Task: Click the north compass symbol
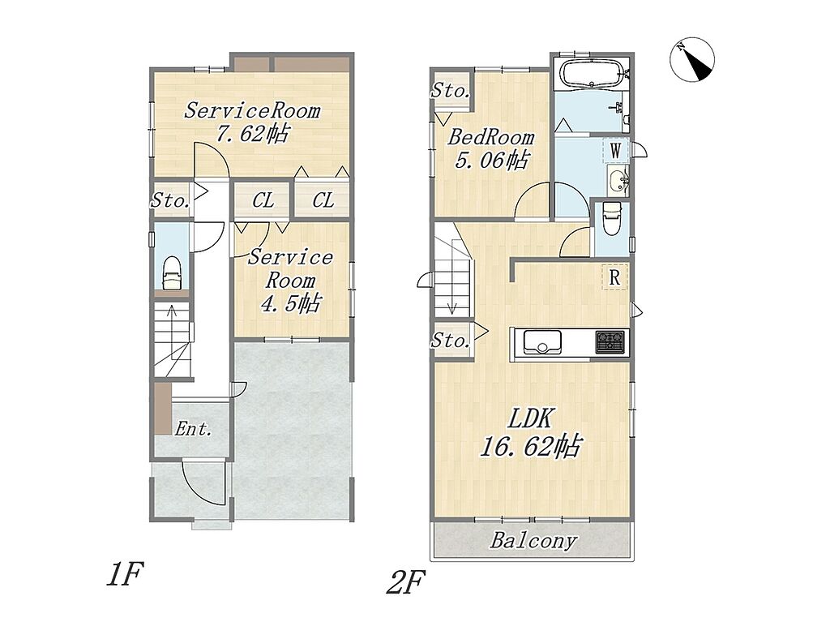[692, 59]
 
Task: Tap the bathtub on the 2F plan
[593, 73]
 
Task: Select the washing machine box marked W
[616, 151]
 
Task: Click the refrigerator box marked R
[614, 277]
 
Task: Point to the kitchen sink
[542, 341]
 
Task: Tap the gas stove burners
[612, 341]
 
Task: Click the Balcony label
[533, 542]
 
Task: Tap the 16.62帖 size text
[531, 446]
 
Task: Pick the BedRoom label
[491, 138]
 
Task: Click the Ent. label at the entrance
[193, 428]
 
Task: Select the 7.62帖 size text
[253, 134]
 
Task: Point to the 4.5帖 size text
[291, 303]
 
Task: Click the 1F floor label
[125, 574]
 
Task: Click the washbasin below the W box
[618, 180]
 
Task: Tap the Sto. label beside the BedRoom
[450, 91]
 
